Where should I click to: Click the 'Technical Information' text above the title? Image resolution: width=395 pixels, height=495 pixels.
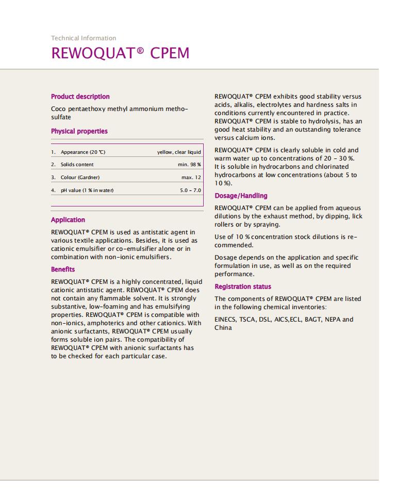tap(84, 38)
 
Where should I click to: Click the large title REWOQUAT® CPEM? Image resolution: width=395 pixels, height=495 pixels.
tap(120, 53)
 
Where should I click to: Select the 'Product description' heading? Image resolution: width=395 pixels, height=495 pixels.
tap(80, 97)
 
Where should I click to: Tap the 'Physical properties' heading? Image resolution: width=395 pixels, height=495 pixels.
tap(79, 131)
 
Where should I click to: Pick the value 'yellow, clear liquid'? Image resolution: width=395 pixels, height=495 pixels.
tap(179, 152)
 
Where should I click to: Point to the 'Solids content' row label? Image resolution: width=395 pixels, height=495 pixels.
tap(77, 165)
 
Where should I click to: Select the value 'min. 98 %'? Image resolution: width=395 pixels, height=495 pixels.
tap(188, 165)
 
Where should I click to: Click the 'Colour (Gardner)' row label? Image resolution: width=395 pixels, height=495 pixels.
tap(80, 178)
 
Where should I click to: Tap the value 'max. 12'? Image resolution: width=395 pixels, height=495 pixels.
tap(191, 178)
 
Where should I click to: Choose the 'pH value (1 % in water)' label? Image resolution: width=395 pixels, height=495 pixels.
tap(87, 190)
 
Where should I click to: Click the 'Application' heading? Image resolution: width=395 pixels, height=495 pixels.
tap(68, 220)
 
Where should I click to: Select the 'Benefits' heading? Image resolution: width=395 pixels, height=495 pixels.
tap(63, 269)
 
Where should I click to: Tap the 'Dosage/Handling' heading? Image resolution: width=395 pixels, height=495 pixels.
tap(241, 196)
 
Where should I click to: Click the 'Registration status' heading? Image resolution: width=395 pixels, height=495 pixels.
tap(242, 286)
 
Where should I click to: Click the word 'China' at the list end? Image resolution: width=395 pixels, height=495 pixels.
tap(223, 328)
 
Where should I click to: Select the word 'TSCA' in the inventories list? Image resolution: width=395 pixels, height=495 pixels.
tap(248, 320)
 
